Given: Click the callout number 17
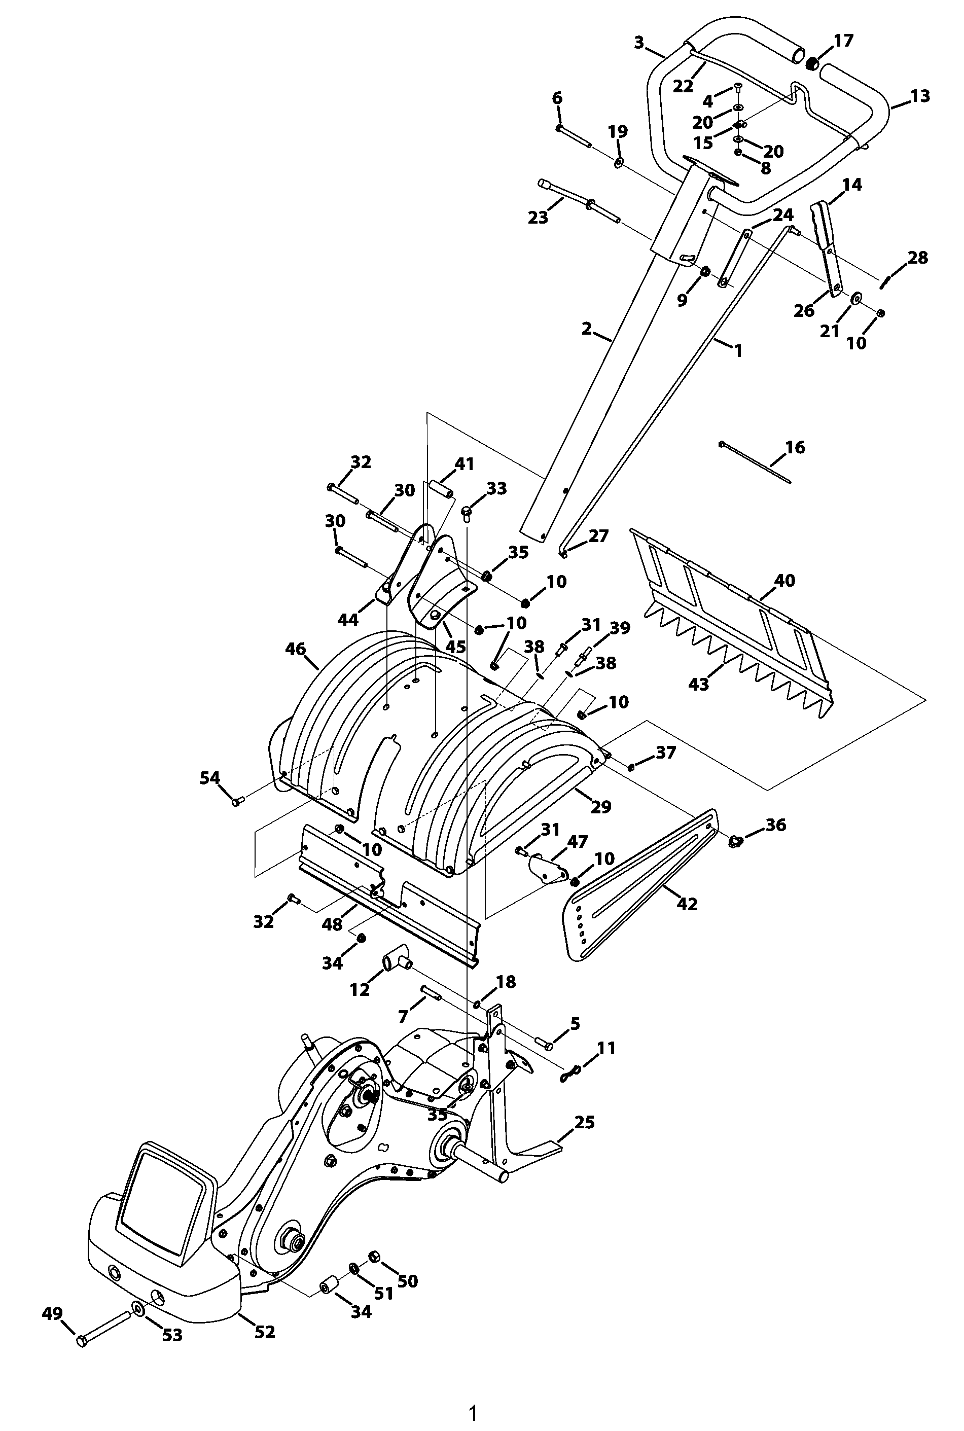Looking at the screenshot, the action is [x=843, y=41].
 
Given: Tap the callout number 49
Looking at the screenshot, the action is [x=52, y=1313].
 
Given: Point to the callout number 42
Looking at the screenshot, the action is [x=687, y=904].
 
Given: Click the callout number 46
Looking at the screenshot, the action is [x=296, y=649].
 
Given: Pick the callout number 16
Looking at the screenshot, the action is [x=795, y=447].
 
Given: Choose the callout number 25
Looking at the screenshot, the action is [x=584, y=1122].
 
